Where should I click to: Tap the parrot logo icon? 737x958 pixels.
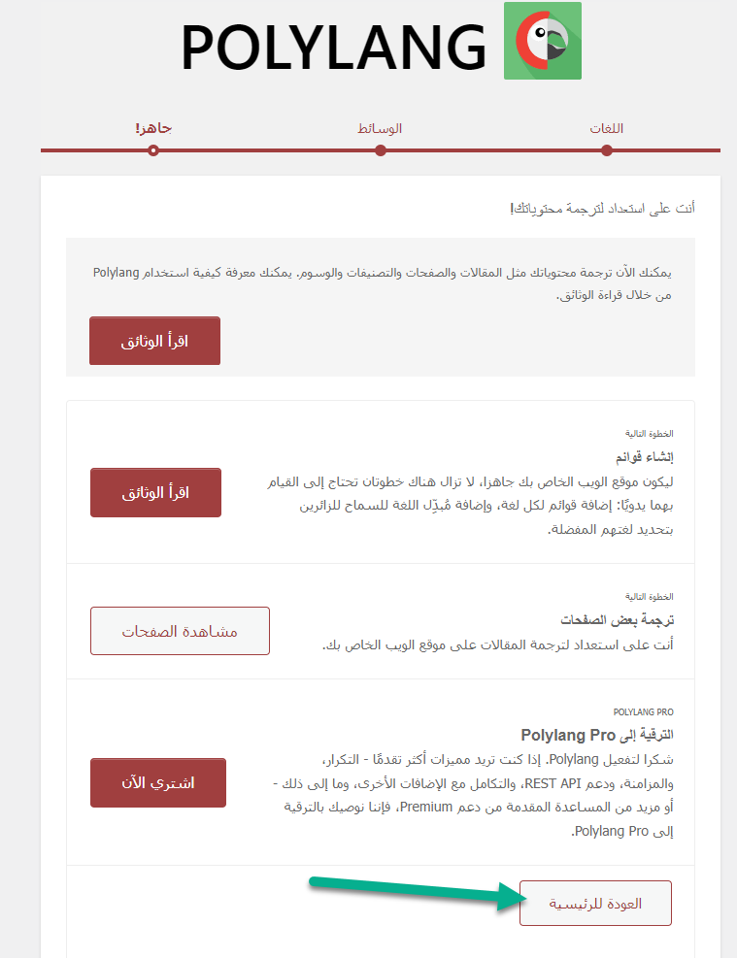(x=542, y=41)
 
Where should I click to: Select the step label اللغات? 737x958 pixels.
(x=607, y=128)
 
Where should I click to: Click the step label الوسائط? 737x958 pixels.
(x=381, y=128)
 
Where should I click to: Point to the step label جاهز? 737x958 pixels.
(x=153, y=128)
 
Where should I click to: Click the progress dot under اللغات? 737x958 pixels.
(x=607, y=150)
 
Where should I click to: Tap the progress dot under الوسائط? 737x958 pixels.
(x=381, y=150)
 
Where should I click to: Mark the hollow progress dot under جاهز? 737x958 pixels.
(x=153, y=150)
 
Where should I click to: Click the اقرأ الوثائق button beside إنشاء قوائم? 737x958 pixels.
(x=155, y=493)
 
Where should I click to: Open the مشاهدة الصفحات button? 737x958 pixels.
(x=180, y=631)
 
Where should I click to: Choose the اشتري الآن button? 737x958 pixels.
(x=158, y=782)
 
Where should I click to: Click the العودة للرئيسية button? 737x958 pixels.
(x=595, y=904)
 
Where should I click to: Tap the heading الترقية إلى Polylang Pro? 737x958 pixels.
(x=597, y=735)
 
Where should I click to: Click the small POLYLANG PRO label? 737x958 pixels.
(x=644, y=711)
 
